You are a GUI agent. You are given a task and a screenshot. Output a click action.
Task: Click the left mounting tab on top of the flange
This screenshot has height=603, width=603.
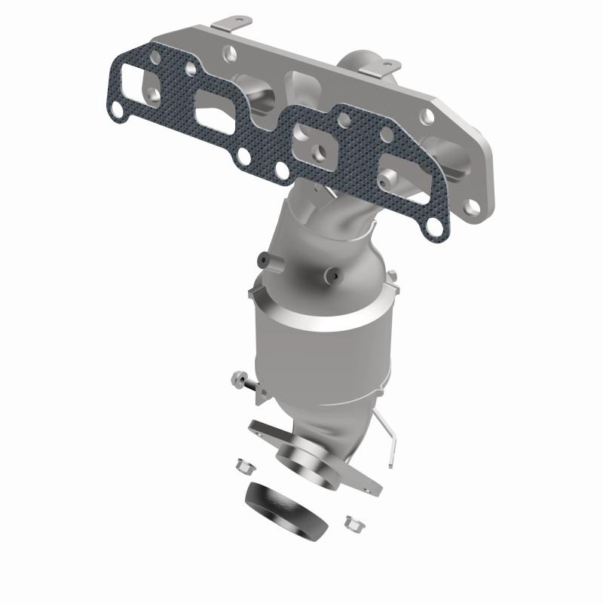click(x=236, y=23)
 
